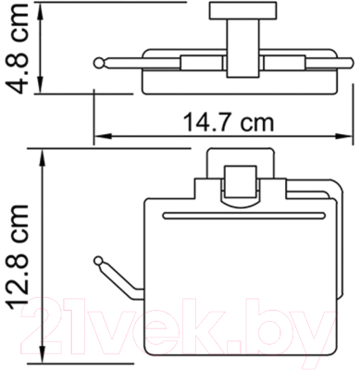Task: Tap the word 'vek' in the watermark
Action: coord(186,324)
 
